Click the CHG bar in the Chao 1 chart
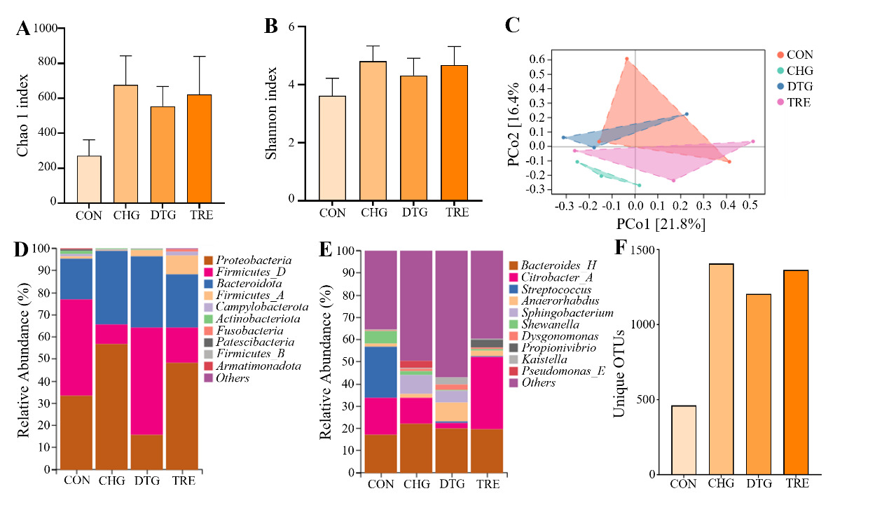[126, 144]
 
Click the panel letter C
[512, 26]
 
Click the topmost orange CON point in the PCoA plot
[626, 59]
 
